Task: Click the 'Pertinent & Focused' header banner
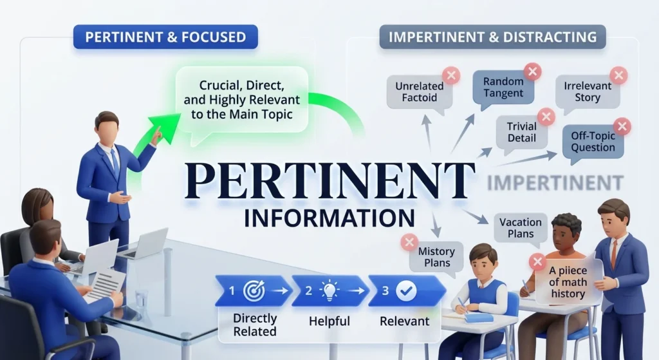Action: coord(165,37)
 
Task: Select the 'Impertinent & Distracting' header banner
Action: coord(492,37)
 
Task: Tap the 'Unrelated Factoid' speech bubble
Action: coord(420,93)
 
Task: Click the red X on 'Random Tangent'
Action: coord(532,71)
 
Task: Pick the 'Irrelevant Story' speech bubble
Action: coord(588,93)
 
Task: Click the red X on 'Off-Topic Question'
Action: coord(622,126)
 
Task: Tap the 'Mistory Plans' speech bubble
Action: coord(437,258)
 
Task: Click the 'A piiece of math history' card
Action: coord(568,282)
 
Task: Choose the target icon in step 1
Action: coord(254,290)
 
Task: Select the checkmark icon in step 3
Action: coord(406,290)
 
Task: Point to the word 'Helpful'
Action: coord(329,321)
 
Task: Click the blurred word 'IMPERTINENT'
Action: coord(555,183)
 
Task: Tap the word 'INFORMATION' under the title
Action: coord(329,218)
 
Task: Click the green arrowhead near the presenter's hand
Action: coord(162,128)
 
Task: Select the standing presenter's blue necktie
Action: coord(115,162)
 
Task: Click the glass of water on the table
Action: coord(141,299)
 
